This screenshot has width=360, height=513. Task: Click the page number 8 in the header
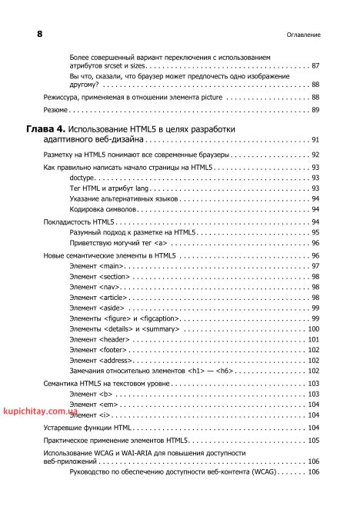pos(40,35)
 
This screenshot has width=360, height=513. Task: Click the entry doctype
pos(82,177)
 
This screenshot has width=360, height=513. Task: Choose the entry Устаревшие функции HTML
pos(88,427)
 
